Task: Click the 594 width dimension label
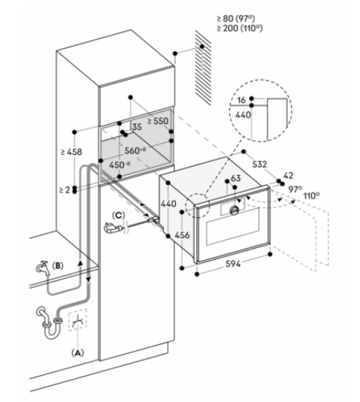pyautogui.click(x=233, y=264)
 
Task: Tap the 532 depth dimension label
pyautogui.click(x=259, y=164)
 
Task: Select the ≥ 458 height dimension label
pyautogui.click(x=71, y=152)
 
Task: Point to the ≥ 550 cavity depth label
pyautogui.click(x=158, y=121)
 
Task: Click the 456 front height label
pyautogui.click(x=182, y=235)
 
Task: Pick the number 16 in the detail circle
pyautogui.click(x=241, y=100)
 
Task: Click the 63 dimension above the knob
pyautogui.click(x=236, y=178)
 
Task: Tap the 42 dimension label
pyautogui.click(x=288, y=175)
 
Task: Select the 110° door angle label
pyautogui.click(x=312, y=196)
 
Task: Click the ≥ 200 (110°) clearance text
pyautogui.click(x=240, y=28)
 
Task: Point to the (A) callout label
pyautogui.click(x=77, y=352)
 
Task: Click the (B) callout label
pyautogui.click(x=58, y=265)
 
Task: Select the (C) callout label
pyautogui.click(x=118, y=216)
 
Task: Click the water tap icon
pyautogui.click(x=43, y=268)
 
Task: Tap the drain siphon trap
pyautogui.click(x=50, y=322)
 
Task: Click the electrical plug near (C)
pyautogui.click(x=113, y=228)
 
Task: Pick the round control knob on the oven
pyautogui.click(x=234, y=210)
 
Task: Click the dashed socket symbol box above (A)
pyautogui.click(x=77, y=319)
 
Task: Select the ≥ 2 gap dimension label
pyautogui.click(x=65, y=190)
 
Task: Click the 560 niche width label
pyautogui.click(x=135, y=150)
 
